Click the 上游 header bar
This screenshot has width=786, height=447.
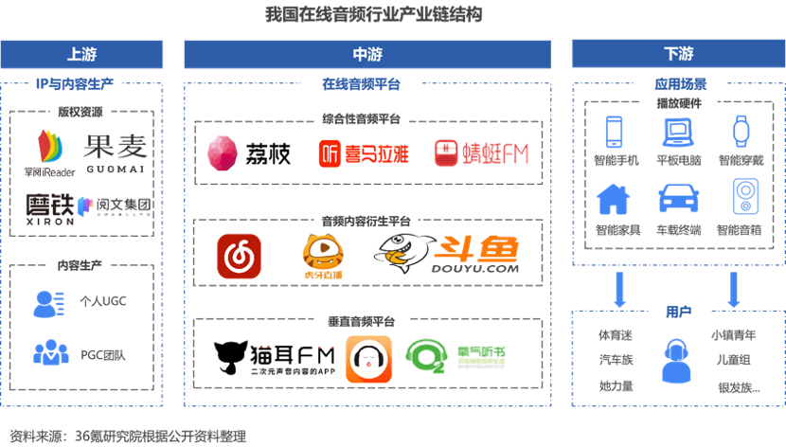click(82, 54)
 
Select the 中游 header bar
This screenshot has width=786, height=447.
click(366, 54)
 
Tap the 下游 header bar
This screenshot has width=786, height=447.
click(677, 54)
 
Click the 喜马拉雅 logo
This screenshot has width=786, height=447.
click(363, 152)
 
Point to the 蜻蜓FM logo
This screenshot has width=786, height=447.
click(480, 152)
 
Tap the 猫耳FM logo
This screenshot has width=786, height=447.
click(276, 360)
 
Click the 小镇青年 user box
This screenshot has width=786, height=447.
click(733, 335)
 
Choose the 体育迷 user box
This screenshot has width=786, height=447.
click(615, 335)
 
